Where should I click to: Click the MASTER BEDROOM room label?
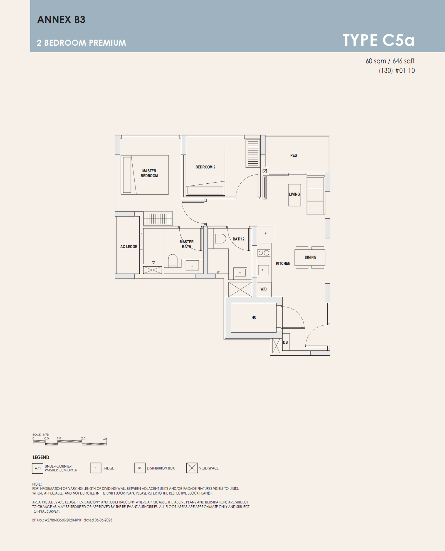[149, 173]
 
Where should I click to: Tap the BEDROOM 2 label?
[205, 167]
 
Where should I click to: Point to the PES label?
[293, 155]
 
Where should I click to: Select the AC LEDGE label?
[128, 247]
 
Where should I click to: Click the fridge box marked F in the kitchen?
[266, 234]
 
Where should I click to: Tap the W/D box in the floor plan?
[264, 289]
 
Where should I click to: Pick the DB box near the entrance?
[286, 342]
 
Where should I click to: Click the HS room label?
[254, 318]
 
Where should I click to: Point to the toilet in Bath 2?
[220, 238]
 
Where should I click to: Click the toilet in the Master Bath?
[173, 261]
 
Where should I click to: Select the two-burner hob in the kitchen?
[264, 253]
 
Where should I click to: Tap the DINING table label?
[310, 257]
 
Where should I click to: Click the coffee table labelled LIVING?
[295, 195]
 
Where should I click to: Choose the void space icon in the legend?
[192, 468]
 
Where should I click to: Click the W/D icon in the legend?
[38, 468]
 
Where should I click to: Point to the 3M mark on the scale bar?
[105, 439]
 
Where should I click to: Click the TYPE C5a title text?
[379, 40]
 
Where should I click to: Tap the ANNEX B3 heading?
[61, 19]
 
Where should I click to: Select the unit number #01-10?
[405, 70]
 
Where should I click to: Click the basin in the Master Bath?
[192, 265]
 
